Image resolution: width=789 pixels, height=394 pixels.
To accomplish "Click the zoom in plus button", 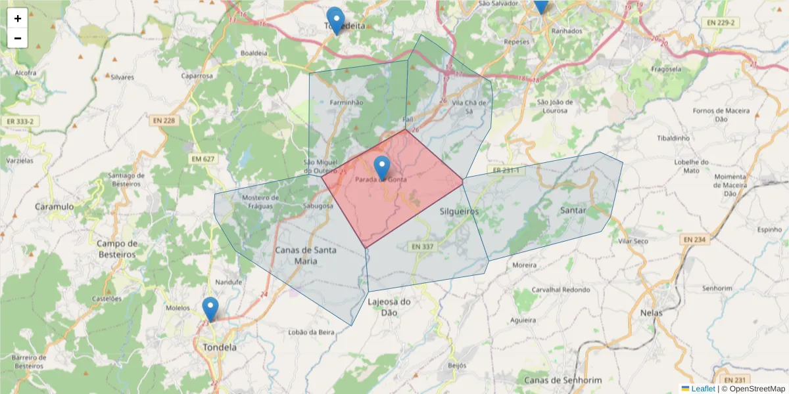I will tap(18, 18).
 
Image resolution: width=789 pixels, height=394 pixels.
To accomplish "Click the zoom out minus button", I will tap(18, 38).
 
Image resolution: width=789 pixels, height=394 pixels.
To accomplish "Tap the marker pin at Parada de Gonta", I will tap(381, 167).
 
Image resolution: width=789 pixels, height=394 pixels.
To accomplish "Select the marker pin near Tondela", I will tap(210, 309).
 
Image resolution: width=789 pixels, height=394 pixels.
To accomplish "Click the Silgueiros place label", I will tap(459, 211).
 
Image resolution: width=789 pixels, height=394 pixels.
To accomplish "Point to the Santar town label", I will tap(573, 211).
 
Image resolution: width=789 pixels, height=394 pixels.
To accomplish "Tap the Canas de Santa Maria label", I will tap(306, 255).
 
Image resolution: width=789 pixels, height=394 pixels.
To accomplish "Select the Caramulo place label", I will tap(55, 207).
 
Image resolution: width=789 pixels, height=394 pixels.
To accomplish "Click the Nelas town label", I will tap(651, 313).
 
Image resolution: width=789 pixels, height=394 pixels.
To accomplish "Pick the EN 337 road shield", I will tap(423, 246).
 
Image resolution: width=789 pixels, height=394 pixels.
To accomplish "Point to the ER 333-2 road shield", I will tap(20, 121).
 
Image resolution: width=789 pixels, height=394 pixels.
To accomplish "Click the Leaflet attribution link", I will tap(702, 388).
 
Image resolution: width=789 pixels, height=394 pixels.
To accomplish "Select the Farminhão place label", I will tap(347, 102).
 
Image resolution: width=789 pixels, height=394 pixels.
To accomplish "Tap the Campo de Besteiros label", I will tap(117, 248).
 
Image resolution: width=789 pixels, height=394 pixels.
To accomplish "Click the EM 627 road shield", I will tap(204, 158).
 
